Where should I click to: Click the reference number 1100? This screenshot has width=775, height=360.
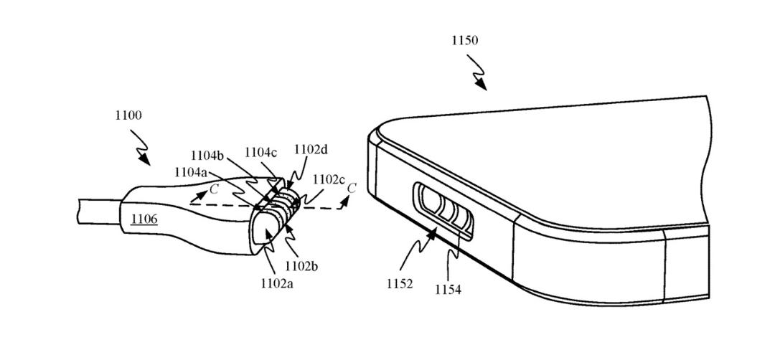click(x=128, y=116)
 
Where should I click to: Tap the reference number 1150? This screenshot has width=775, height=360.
click(x=464, y=40)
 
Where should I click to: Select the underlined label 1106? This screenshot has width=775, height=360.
click(x=144, y=219)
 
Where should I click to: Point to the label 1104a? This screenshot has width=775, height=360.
click(x=190, y=172)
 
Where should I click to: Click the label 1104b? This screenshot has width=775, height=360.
click(x=207, y=156)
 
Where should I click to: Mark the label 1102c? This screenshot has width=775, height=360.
click(x=328, y=180)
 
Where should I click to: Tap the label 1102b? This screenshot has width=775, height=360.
click(x=301, y=267)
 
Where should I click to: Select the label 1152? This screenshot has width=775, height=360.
click(x=400, y=285)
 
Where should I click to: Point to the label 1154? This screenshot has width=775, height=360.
click(x=448, y=290)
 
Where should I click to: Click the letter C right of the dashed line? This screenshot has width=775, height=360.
click(x=352, y=188)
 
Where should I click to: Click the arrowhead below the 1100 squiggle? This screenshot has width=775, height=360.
click(x=145, y=160)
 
